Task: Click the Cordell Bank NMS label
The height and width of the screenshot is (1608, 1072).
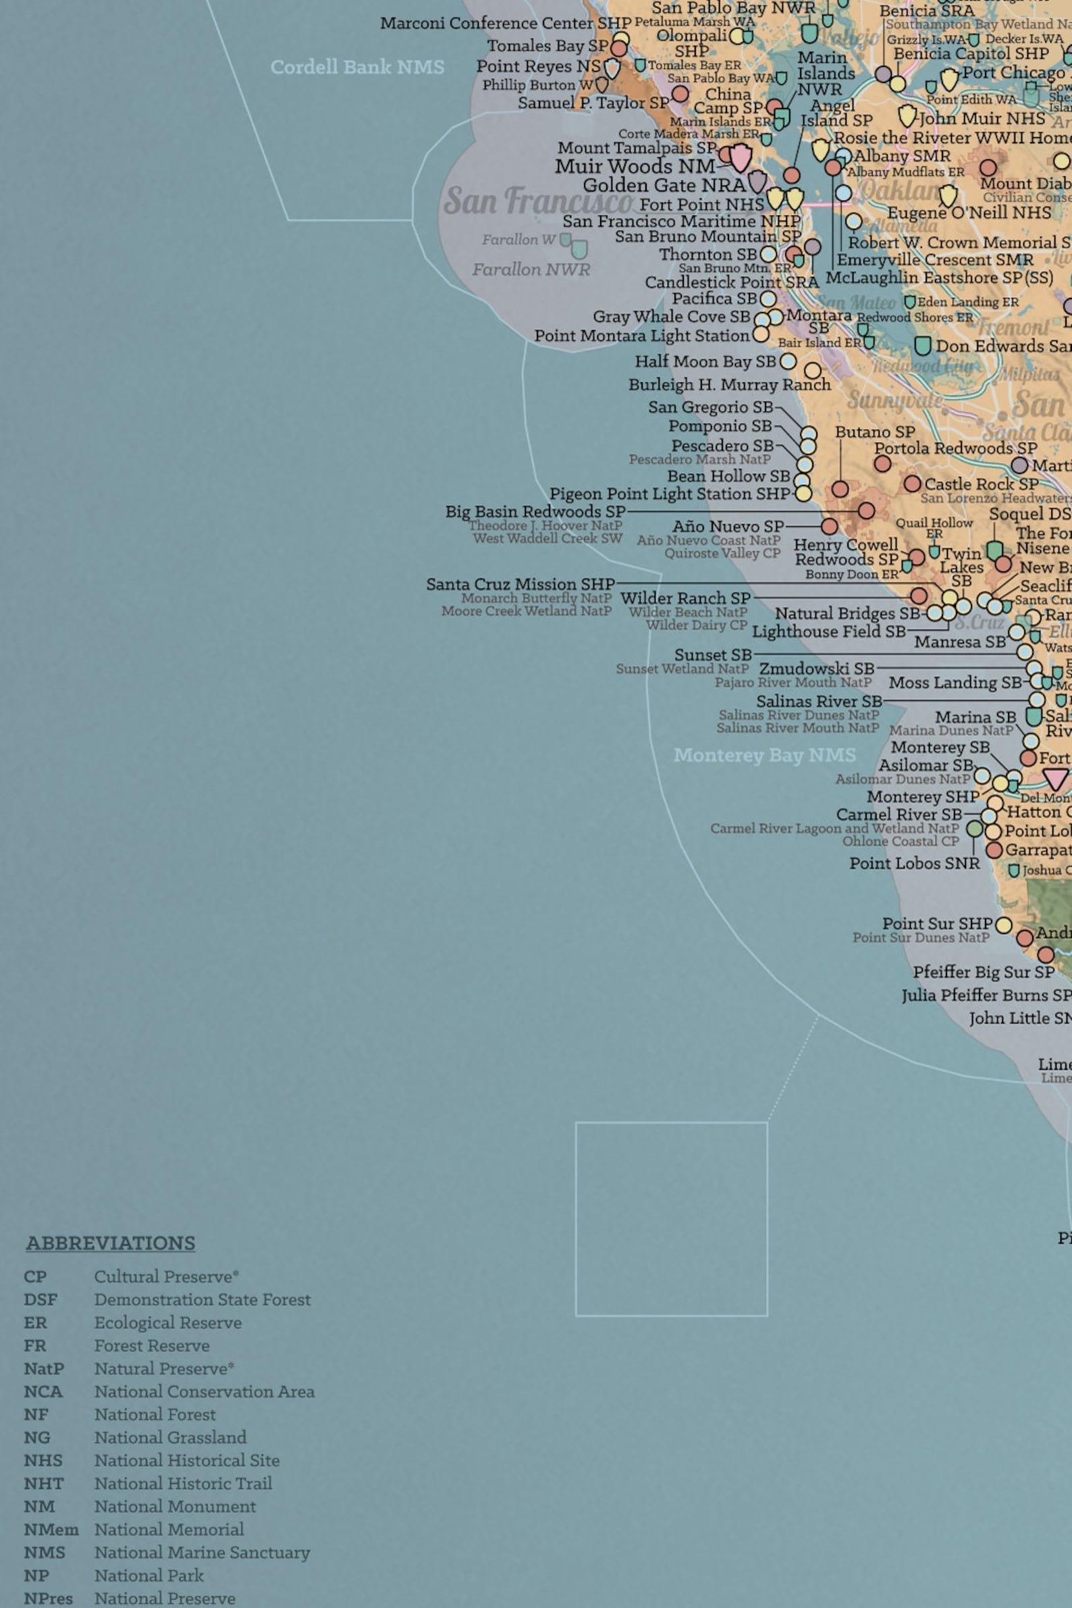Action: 357,67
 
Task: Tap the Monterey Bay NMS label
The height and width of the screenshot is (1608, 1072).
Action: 764,755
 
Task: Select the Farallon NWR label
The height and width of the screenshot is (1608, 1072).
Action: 531,269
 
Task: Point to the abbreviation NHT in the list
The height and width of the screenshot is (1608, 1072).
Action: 43,1484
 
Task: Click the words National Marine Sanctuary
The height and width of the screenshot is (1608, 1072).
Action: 202,1553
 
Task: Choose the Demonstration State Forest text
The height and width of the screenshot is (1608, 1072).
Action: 202,1299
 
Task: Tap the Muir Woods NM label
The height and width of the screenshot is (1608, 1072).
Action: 635,166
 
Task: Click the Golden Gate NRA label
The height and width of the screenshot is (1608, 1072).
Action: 663,185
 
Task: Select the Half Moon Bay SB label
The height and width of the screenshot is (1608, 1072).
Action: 705,361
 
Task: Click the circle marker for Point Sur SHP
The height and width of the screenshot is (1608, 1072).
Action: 1003,925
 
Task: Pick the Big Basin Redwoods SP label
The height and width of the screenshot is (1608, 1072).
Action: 535,512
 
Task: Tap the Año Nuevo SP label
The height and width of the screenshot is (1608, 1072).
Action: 728,527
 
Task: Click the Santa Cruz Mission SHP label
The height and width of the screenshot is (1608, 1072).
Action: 520,584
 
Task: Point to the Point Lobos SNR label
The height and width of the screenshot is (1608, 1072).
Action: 914,863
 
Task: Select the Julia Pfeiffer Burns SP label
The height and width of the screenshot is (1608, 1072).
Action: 986,995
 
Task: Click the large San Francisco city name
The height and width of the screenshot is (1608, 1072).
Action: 538,201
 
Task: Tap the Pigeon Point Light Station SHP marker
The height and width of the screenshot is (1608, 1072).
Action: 803,493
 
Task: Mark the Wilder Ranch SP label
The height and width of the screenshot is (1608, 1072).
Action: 685,598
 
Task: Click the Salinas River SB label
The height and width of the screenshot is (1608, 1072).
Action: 818,701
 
